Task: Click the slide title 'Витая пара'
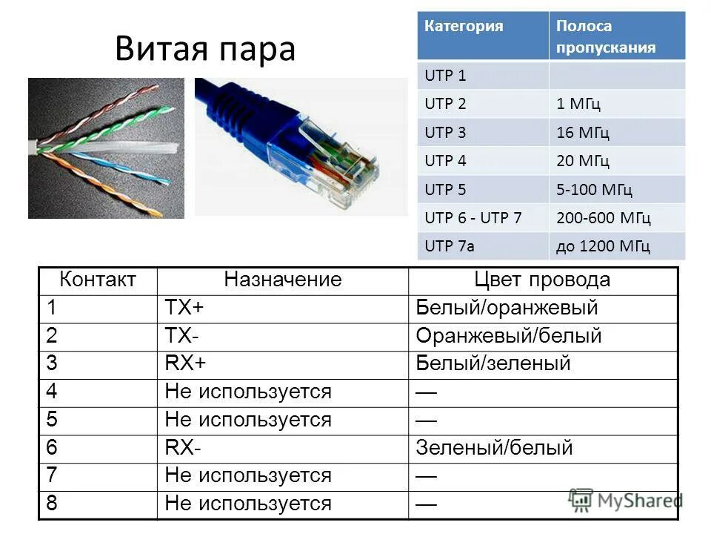point(205,50)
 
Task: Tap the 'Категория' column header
point(464,26)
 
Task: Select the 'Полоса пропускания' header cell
point(606,36)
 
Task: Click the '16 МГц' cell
point(583,133)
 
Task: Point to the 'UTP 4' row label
point(445,161)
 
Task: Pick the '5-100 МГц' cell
point(595,190)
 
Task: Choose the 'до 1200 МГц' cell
point(603,246)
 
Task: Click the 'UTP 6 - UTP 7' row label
point(473,218)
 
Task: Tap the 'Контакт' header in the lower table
point(98,280)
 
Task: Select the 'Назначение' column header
point(283,280)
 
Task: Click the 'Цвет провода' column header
point(542,280)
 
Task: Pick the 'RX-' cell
point(183,447)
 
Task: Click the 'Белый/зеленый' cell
point(493,363)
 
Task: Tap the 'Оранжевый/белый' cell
point(509,336)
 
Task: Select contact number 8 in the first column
point(52,504)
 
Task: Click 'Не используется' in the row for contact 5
point(248,420)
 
